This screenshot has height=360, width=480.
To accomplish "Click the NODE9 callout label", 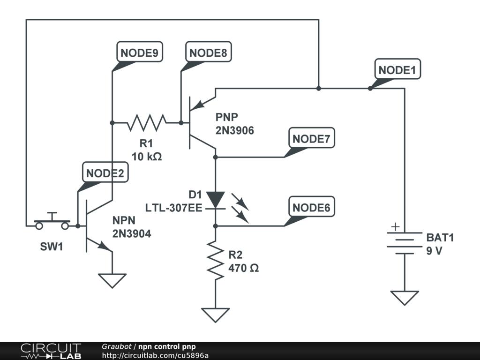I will click(139, 53).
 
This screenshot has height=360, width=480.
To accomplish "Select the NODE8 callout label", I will click(208, 53).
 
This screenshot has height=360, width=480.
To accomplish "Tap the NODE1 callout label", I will click(397, 70).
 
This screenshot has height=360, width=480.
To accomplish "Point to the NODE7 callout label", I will click(312, 139).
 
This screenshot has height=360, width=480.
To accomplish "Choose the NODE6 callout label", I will click(312, 207).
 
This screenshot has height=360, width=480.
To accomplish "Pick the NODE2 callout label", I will click(105, 173).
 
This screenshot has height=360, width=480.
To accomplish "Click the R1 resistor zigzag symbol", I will click(146, 123).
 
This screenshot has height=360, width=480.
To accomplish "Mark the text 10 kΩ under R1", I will click(146, 157).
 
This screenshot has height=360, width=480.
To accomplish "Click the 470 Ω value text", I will click(244, 269).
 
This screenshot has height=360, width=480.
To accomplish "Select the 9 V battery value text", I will click(434, 251).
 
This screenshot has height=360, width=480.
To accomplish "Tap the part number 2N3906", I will click(235, 131).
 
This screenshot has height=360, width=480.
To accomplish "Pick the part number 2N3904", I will click(132, 233).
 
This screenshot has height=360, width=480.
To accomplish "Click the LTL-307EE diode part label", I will click(173, 207).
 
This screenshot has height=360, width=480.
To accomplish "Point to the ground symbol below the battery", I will click(405, 298).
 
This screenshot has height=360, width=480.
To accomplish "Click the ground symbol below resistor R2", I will click(215, 315).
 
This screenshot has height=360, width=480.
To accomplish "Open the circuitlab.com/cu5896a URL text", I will click(155, 356).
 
